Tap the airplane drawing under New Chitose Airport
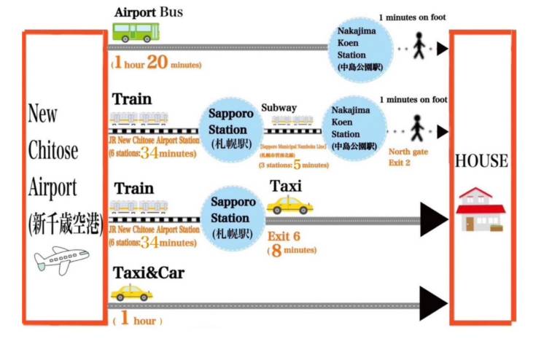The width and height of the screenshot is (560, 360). [x=61, y=259]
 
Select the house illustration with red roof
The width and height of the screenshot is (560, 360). [x=480, y=209]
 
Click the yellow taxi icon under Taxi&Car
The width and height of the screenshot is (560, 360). [x=131, y=293]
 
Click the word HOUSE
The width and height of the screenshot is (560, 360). [x=481, y=161]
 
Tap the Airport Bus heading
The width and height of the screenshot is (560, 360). [x=148, y=12]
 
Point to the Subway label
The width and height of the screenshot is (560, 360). [x=279, y=108]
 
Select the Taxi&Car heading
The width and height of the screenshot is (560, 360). [x=148, y=273]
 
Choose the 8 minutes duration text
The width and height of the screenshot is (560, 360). [x=292, y=250]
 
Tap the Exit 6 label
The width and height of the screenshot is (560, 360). [x=284, y=235]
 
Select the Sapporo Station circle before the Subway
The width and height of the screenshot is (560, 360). [x=231, y=128]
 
